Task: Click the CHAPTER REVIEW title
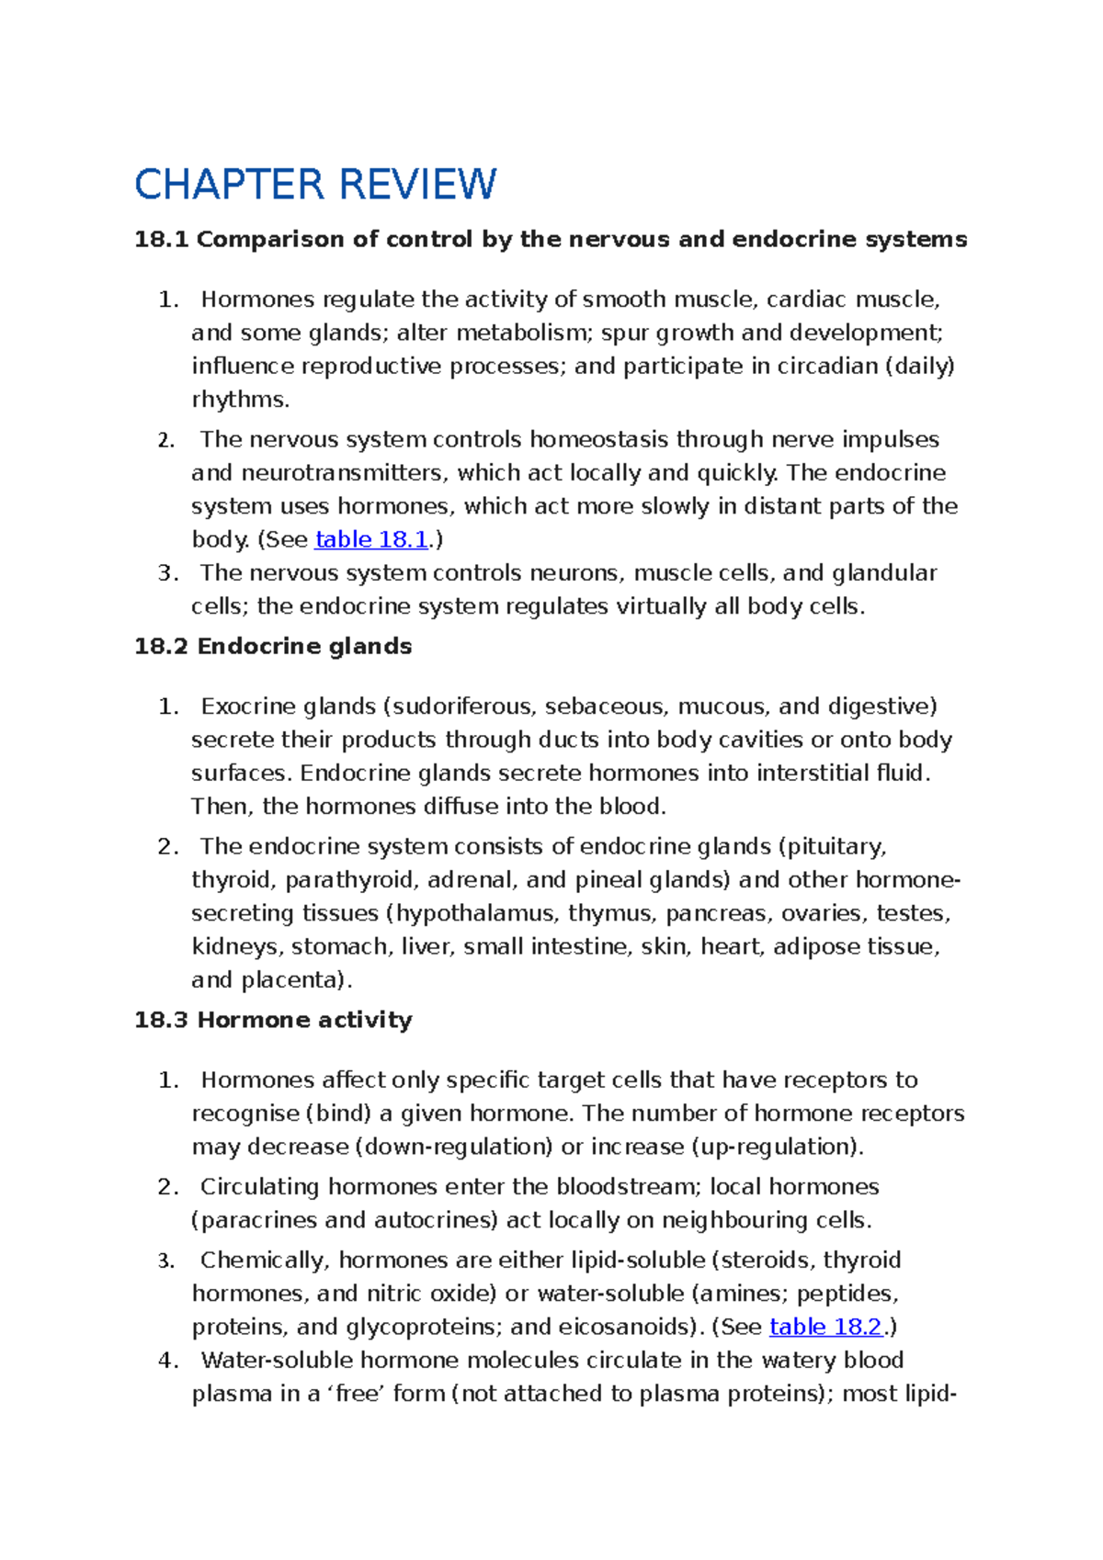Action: pos(315,185)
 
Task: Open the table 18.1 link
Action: pos(371,539)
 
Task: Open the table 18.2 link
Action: pos(825,1327)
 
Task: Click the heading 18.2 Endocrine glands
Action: pos(273,646)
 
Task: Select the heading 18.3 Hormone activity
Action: pos(273,1020)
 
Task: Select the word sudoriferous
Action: pos(462,707)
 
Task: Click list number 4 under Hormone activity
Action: pos(168,1360)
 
